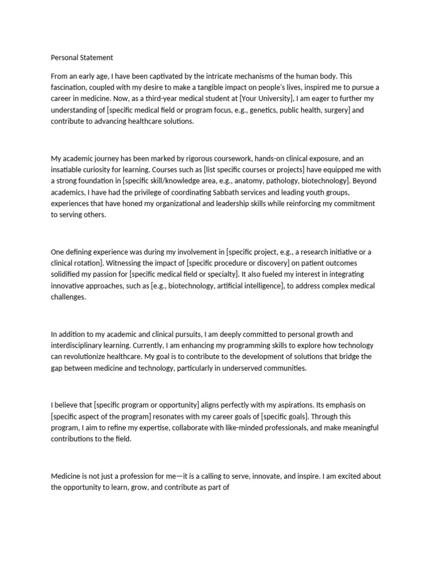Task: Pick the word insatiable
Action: [67, 169]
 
